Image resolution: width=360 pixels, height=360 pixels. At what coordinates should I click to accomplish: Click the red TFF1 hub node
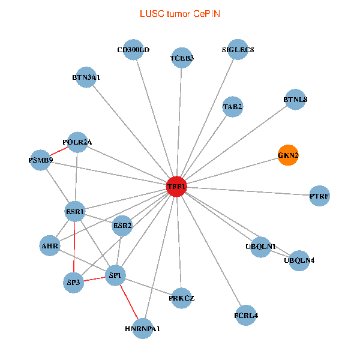tap(177, 187)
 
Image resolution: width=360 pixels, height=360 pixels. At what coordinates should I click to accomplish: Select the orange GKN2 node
tap(288, 155)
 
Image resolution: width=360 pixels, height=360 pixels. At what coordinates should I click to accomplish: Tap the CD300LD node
tap(133, 50)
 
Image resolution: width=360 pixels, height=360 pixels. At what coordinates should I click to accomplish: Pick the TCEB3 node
tap(182, 58)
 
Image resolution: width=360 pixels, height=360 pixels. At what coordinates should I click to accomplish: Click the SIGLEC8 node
tap(238, 49)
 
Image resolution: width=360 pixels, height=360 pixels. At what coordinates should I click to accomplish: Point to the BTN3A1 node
tap(86, 77)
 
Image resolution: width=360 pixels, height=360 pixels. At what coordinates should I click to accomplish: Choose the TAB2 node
tap(233, 107)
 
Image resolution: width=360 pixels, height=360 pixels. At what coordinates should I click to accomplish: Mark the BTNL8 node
tap(295, 100)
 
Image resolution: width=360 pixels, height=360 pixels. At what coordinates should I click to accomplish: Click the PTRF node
tap(320, 196)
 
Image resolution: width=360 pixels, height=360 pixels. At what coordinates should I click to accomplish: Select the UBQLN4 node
tap(299, 260)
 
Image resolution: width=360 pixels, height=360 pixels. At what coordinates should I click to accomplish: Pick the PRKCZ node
tap(182, 298)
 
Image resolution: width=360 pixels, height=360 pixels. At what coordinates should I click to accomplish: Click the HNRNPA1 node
tap(143, 328)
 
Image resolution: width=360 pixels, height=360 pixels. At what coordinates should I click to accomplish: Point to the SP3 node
tap(73, 282)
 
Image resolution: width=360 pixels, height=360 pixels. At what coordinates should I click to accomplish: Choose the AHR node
tap(50, 245)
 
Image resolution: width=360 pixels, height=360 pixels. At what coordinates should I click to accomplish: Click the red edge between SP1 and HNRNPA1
tap(130, 302)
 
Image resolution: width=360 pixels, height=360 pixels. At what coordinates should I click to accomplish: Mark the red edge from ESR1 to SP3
tap(74, 247)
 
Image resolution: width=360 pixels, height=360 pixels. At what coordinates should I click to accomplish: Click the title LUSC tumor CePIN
tap(180, 13)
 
